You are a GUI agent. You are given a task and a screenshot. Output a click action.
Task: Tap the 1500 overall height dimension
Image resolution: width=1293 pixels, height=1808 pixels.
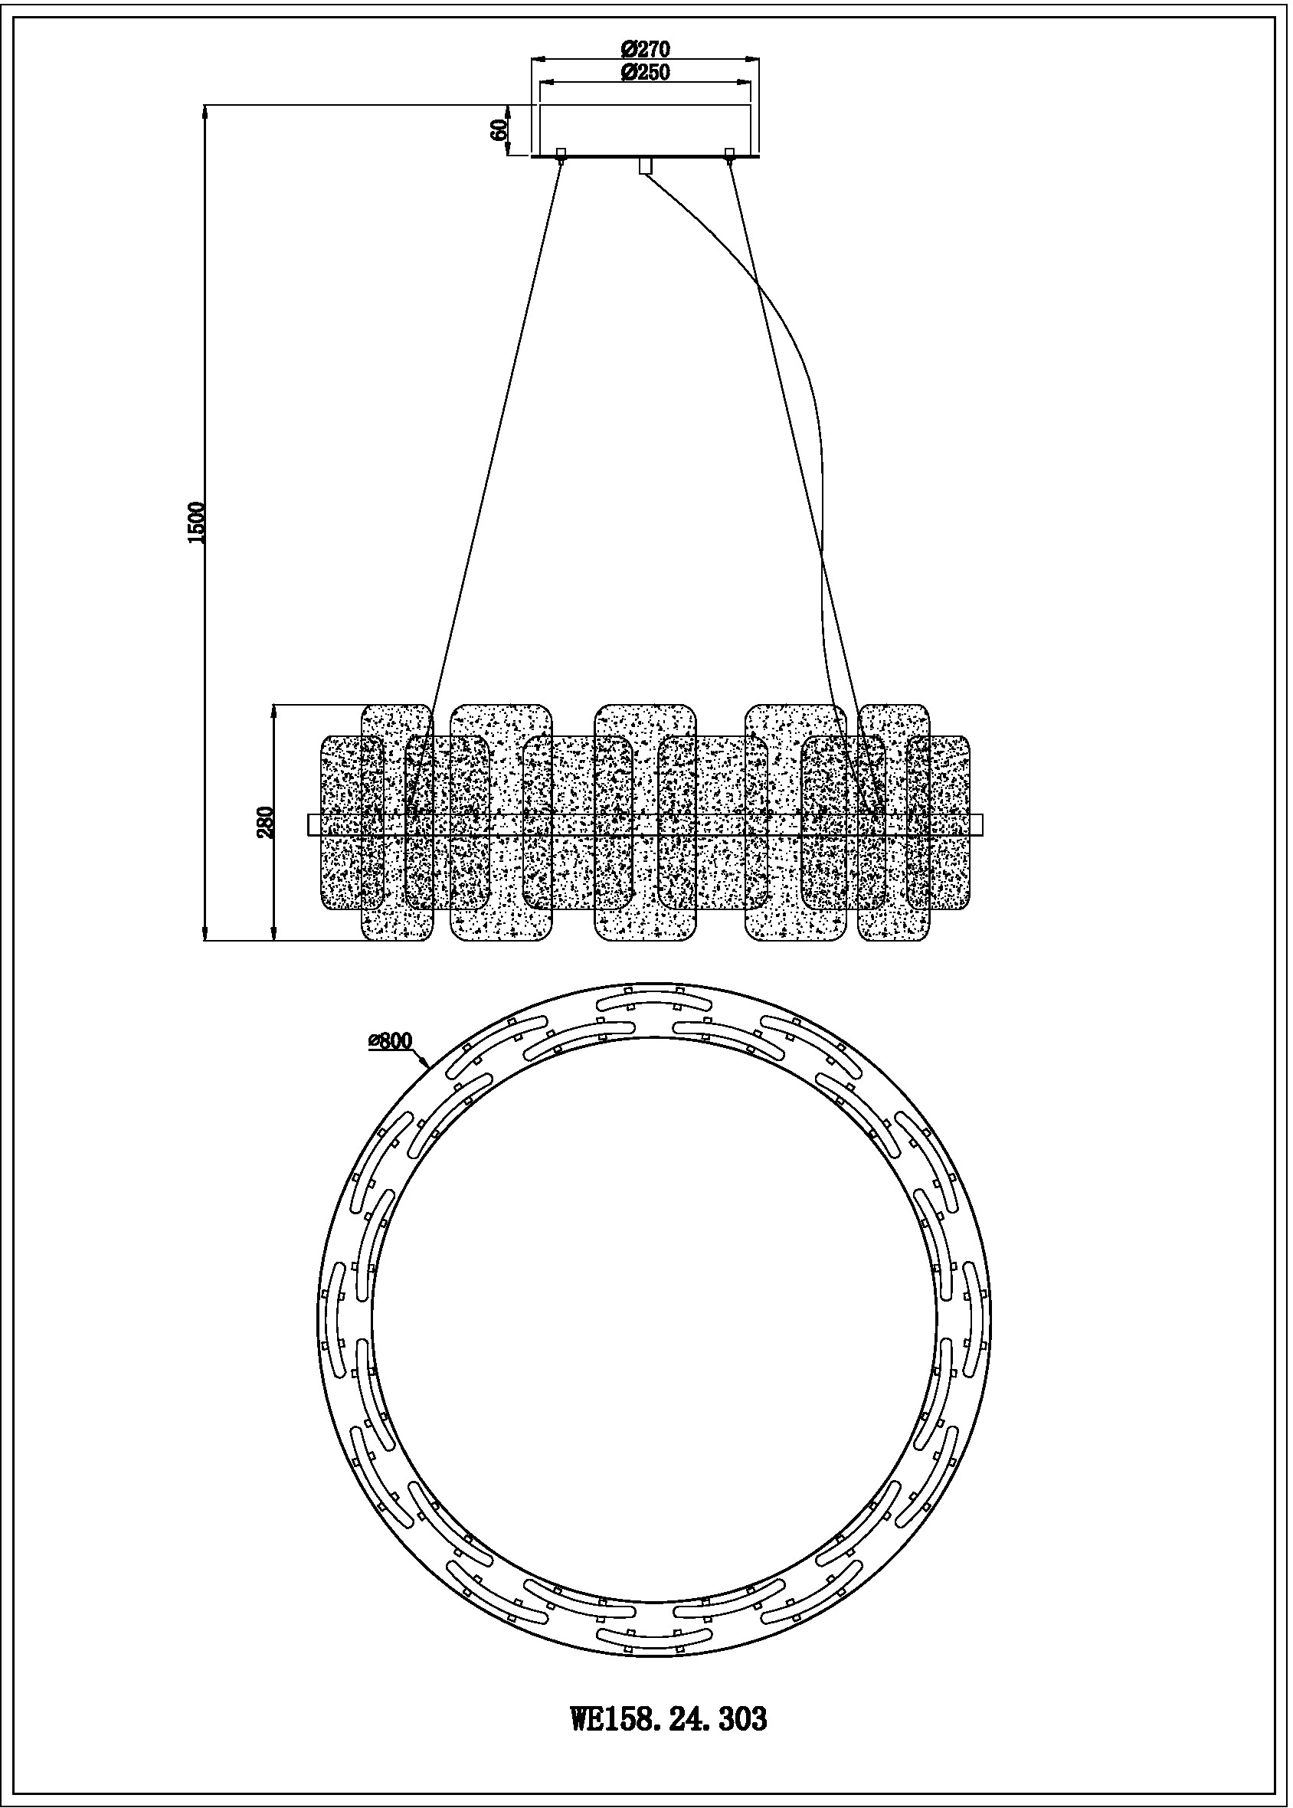tap(197, 523)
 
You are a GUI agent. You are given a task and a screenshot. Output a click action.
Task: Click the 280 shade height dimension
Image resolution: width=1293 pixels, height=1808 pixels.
tap(266, 822)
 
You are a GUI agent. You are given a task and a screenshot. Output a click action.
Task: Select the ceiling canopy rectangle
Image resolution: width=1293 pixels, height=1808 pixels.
tap(645, 129)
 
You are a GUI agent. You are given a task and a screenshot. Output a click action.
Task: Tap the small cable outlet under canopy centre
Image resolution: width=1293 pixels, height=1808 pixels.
tap(645, 165)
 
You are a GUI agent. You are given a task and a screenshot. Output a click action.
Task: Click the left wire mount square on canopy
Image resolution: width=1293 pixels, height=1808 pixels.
tap(561, 152)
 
